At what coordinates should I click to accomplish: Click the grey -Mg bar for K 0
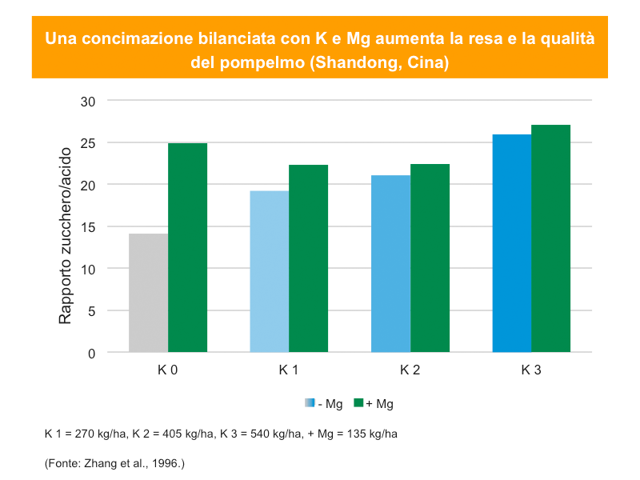pyautogui.click(x=149, y=293)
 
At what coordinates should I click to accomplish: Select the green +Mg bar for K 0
pyautogui.click(x=188, y=248)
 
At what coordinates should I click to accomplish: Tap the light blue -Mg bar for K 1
pyautogui.click(x=270, y=272)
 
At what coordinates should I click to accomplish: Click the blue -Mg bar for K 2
pyautogui.click(x=391, y=264)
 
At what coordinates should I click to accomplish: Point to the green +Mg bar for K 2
pyautogui.click(x=430, y=258)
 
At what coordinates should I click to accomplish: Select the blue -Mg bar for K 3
pyautogui.click(x=512, y=243)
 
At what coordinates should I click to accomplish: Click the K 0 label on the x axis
pyautogui.click(x=167, y=370)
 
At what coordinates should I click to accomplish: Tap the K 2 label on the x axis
pyautogui.click(x=410, y=370)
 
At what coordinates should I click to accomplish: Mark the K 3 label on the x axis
pyautogui.click(x=531, y=370)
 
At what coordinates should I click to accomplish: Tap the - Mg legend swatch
pyautogui.click(x=310, y=403)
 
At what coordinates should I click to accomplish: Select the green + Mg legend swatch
pyautogui.click(x=359, y=403)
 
